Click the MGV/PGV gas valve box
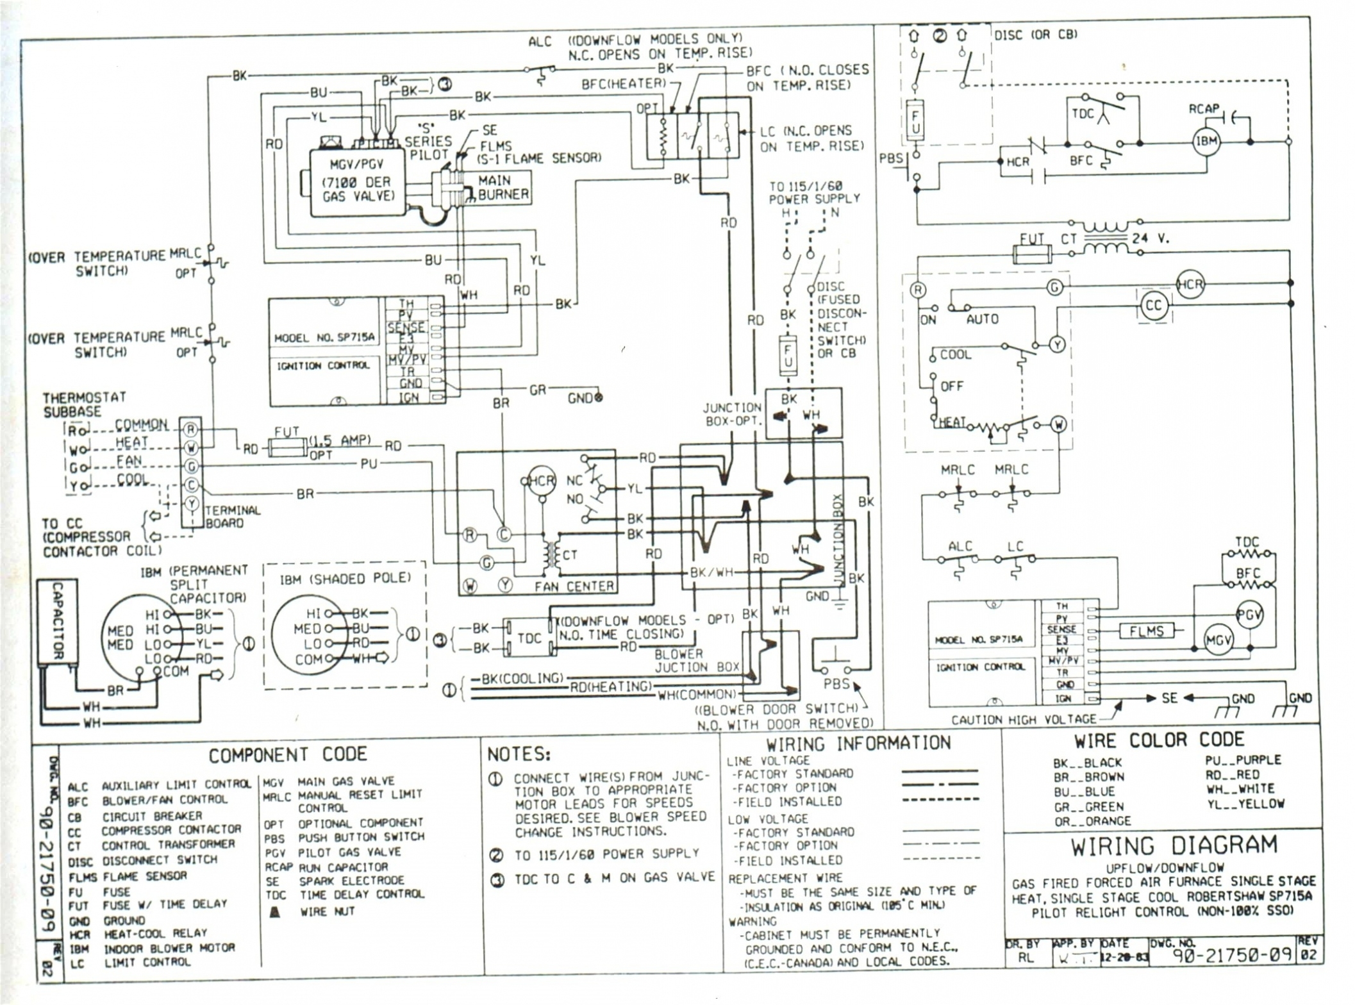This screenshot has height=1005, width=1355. point(357,183)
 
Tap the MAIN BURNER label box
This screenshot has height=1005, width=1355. point(503,188)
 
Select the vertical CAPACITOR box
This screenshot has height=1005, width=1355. point(57,620)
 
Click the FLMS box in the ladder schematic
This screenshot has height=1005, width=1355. point(1147,631)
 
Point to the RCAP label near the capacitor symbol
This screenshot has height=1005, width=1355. point(1203,109)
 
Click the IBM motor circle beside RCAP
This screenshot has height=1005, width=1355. point(1206,142)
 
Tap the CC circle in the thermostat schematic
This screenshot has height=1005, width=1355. point(1153,306)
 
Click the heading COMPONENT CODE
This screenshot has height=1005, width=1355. point(288,754)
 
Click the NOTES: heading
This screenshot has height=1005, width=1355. point(519,754)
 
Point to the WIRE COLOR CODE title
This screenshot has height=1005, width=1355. point(1159,741)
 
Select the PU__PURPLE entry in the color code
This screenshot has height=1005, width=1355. point(1243,760)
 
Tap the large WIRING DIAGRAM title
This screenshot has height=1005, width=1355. point(1173,846)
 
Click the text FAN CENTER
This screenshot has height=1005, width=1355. point(574,586)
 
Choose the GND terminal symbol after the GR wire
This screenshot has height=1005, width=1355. point(599,397)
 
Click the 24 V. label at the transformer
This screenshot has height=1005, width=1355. point(1150,238)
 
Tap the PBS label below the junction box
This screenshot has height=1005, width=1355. point(836,684)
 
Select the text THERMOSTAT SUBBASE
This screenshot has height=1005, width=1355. point(83,404)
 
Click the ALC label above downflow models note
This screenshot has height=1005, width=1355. point(539,42)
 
